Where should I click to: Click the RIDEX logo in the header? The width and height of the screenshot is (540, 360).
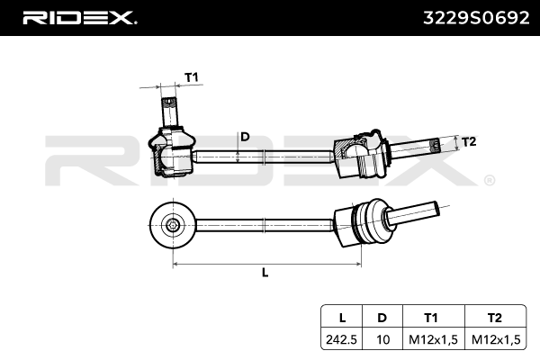78,17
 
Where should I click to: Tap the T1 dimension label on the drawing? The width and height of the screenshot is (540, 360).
191,77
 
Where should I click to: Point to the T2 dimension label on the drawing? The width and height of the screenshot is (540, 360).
468,141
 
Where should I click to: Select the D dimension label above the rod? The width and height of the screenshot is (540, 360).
243,137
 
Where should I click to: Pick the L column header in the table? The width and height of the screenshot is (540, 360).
341,318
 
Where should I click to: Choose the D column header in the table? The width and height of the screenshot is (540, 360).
383,318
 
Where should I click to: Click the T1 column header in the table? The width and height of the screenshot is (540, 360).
430,318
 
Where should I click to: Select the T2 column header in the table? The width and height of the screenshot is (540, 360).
492,318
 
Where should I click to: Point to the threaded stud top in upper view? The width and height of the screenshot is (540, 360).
169,106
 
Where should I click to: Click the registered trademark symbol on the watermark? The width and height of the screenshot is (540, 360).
489,180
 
